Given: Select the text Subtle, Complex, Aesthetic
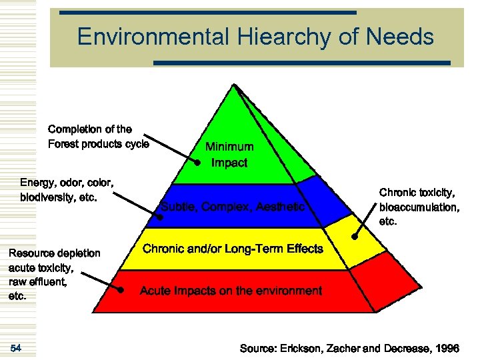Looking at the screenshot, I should [233, 207].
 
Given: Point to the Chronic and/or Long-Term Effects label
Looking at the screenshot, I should [233, 249].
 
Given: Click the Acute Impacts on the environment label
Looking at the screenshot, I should [231, 291].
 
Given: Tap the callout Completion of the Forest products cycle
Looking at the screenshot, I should [99, 137].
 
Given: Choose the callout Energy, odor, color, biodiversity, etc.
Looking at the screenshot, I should [67, 189].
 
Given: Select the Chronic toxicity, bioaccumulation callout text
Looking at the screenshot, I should [419, 207].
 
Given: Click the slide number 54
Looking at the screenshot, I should [16, 348].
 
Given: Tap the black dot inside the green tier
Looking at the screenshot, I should [198, 163].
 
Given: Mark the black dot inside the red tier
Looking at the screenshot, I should [121, 290].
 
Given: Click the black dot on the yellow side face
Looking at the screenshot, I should [354, 236].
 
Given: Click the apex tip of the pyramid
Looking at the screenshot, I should [233, 84].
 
